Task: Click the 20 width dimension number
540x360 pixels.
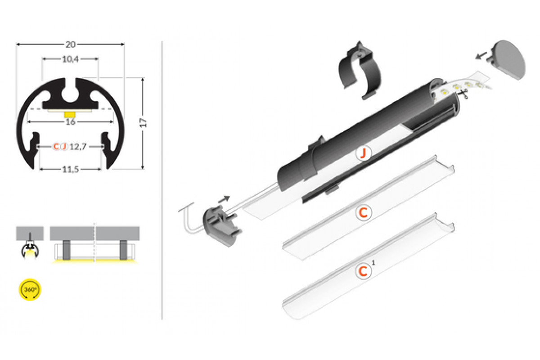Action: pyautogui.click(x=70, y=45)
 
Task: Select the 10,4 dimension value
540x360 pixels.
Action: pyautogui.click(x=70, y=59)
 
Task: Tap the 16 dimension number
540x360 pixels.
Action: pyautogui.click(x=70, y=122)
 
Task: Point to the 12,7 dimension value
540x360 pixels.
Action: pyautogui.click(x=78, y=147)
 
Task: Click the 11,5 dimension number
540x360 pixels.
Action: pyautogui.click(x=70, y=170)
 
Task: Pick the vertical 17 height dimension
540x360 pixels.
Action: pyautogui.click(x=143, y=123)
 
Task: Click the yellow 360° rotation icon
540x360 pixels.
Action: pyautogui.click(x=30, y=290)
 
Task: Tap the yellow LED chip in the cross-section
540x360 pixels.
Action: pyautogui.click(x=70, y=114)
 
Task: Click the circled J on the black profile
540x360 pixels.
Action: pyautogui.click(x=364, y=153)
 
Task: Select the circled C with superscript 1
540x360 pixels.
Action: pyautogui.click(x=364, y=271)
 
